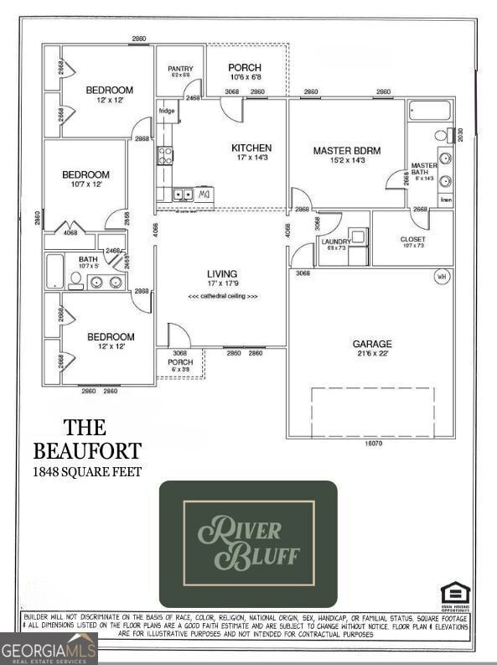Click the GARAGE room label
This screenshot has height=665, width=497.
(x=372, y=344)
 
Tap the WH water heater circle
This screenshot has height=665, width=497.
(x=441, y=277)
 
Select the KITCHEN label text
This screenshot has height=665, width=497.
(x=251, y=148)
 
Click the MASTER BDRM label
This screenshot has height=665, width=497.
(x=346, y=151)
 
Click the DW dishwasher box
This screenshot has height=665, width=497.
(x=204, y=195)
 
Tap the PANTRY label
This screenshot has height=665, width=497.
(x=180, y=69)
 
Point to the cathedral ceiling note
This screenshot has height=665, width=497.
(x=223, y=296)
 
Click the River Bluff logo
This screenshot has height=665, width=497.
(x=248, y=543)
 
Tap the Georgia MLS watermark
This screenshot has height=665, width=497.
(x=49, y=649)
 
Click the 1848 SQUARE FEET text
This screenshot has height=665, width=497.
(x=87, y=472)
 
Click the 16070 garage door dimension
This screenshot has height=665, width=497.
(x=373, y=443)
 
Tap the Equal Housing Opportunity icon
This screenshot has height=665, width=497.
(x=455, y=594)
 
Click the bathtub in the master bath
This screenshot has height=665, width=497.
(x=429, y=111)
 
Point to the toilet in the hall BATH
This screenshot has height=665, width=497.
(x=75, y=279)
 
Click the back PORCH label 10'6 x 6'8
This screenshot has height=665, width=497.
(x=245, y=68)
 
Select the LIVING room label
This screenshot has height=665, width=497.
(x=222, y=274)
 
